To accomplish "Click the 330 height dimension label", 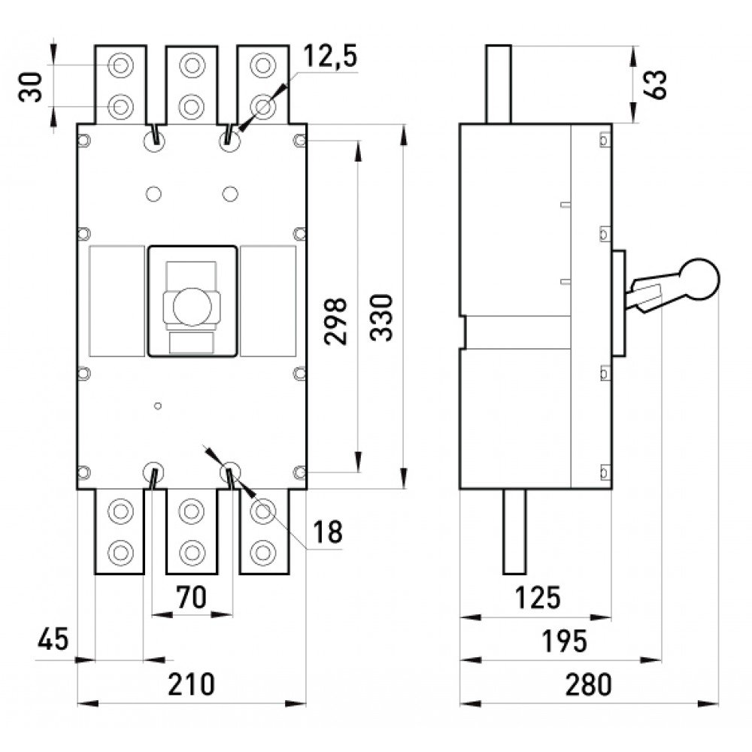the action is click(x=382, y=317).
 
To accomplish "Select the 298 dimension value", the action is click(x=335, y=321).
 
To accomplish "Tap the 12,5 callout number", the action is click(x=330, y=56).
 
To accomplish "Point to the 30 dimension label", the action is click(x=30, y=86).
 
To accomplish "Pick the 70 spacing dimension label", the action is click(x=191, y=597).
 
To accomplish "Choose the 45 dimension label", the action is click(x=53, y=639).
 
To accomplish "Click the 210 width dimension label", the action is click(x=191, y=684).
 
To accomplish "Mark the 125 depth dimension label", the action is click(x=537, y=598).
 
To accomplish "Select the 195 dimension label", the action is click(x=564, y=641).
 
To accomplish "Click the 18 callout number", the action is click(x=328, y=532).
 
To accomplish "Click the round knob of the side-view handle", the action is click(x=699, y=280).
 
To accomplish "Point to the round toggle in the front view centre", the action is click(x=192, y=307).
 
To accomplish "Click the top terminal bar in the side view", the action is click(x=499, y=84).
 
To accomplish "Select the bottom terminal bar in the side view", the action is click(x=514, y=532).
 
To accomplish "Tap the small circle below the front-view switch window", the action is click(x=158, y=406).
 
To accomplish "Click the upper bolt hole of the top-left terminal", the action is click(x=120, y=65).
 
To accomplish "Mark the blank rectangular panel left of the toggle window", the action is click(x=117, y=302).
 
